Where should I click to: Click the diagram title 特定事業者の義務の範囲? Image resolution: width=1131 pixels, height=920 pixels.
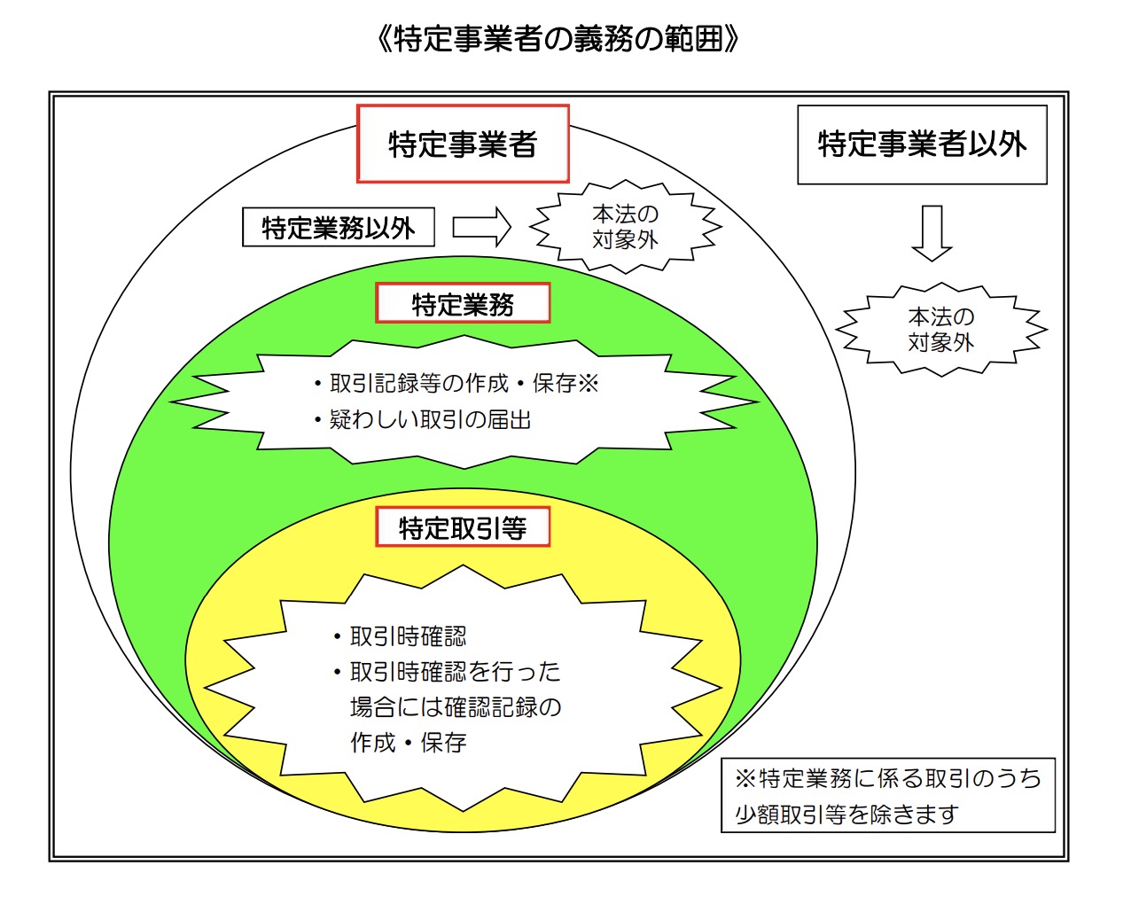click(558, 39)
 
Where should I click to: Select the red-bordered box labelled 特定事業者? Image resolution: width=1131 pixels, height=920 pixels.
click(463, 144)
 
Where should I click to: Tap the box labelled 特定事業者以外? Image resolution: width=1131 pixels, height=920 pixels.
click(922, 145)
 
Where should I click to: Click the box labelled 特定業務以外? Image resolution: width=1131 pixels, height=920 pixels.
click(339, 227)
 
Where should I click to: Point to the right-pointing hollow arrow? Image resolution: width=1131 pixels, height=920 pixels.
click(481, 227)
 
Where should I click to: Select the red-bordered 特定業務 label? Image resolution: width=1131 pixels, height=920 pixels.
click(463, 303)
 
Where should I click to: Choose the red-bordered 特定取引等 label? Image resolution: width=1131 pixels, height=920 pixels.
click(463, 527)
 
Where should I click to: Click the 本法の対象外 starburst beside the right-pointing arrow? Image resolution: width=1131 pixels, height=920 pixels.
click(626, 227)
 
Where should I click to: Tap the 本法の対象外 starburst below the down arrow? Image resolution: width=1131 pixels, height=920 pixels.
click(941, 330)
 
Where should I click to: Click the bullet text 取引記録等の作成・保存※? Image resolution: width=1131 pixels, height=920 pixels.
click(456, 383)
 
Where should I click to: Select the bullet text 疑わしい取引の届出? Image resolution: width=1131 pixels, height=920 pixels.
click(423, 420)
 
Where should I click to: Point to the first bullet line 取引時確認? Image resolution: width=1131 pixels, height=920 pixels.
click(400, 636)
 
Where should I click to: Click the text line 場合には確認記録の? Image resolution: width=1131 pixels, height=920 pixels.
click(456, 707)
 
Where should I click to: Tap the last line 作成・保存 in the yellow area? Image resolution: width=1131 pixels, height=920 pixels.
click(409, 743)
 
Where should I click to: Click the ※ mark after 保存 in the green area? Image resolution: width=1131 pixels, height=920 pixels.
click(589, 383)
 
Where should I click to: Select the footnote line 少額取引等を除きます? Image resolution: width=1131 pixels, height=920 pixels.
click(846, 814)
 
